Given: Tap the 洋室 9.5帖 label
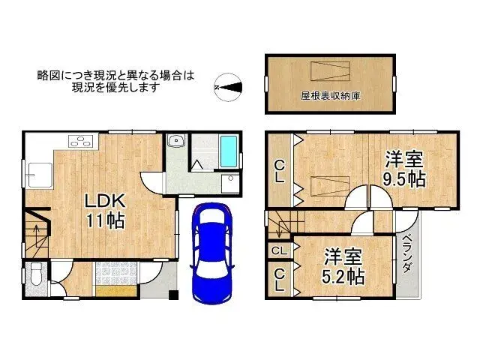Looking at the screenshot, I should pos(405,169).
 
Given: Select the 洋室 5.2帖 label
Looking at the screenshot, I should pos(344,265).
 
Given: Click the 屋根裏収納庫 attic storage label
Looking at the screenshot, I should pos(330,96).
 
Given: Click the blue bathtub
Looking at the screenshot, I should pos(229,152).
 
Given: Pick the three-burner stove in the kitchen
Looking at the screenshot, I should pos(80,140).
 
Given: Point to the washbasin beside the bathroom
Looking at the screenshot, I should pos(176,141).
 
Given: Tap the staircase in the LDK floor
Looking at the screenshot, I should pos(34,229).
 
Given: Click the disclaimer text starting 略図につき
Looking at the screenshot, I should pos(115,81).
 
